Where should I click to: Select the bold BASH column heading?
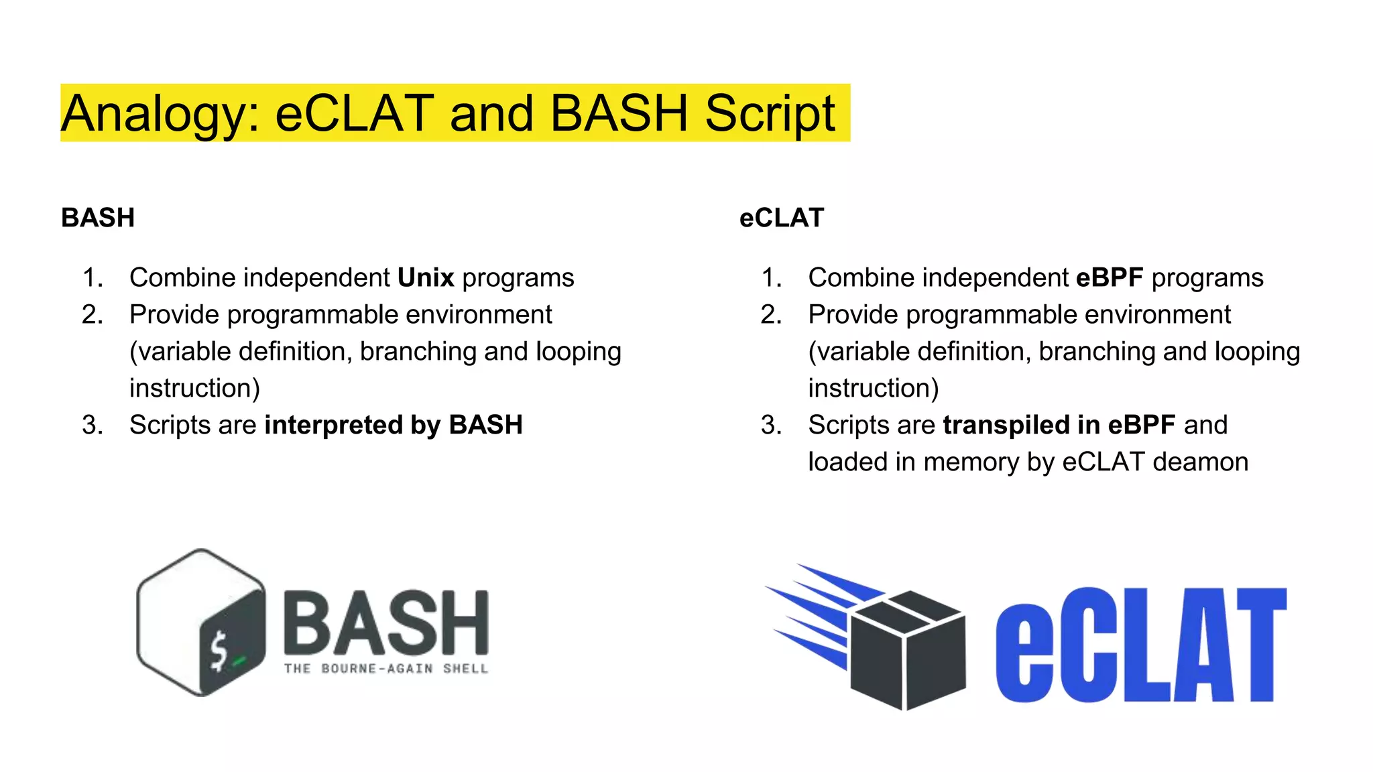coord(98,218)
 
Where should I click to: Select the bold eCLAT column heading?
coord(781,218)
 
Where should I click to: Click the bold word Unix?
coord(426,277)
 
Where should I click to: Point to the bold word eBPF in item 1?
coord(1109,277)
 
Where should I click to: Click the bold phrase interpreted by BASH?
coord(394,425)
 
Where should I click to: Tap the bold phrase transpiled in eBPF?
coord(1059,425)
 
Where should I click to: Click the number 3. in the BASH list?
coord(93,425)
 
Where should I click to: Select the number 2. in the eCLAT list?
coord(771,314)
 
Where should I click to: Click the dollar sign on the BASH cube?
coord(219,651)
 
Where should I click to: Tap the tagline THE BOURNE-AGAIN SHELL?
coord(385,668)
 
